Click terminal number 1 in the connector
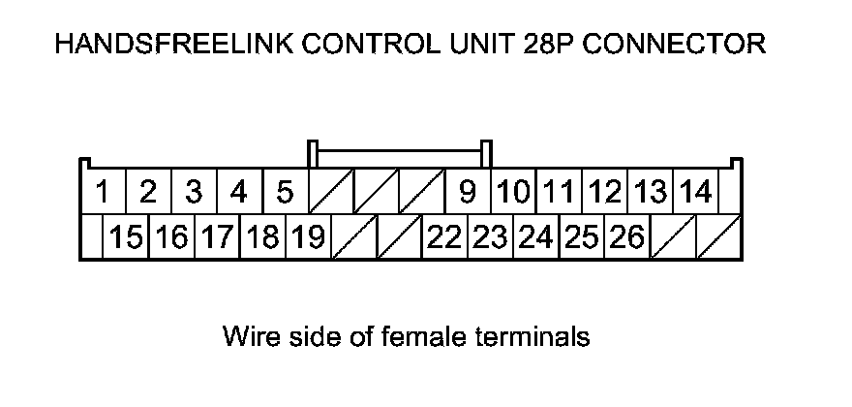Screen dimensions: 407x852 (x=102, y=193)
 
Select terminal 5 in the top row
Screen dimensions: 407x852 (x=285, y=193)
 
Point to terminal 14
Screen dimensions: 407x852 (x=695, y=193)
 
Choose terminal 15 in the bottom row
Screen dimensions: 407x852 (x=127, y=237)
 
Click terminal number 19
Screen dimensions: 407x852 (x=308, y=237)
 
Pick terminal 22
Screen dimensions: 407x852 (x=444, y=237)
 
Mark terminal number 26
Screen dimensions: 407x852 (x=627, y=237)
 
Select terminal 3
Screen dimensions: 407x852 (x=194, y=193)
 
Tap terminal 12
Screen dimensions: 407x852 (x=605, y=193)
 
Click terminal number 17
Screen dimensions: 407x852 (x=218, y=237)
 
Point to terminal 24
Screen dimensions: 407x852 (x=535, y=237)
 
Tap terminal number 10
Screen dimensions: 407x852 (x=514, y=193)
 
